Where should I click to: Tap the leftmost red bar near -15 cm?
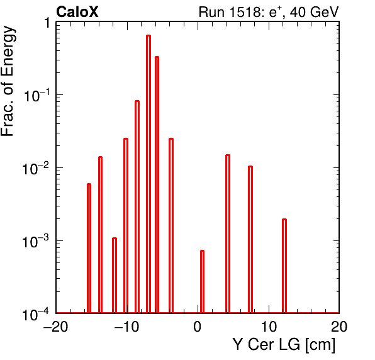coord(89,249)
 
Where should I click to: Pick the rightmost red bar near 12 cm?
coord(284,266)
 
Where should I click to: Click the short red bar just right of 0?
coord(202,281)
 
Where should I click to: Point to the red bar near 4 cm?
coord(228,233)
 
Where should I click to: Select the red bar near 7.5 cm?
coord(250,239)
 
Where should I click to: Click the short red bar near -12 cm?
coord(115,275)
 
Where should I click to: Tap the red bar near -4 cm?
coord(171,225)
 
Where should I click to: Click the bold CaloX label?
coord(77,12)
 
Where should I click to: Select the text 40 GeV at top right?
coord(314,12)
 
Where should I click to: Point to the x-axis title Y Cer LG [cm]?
coord(284,345)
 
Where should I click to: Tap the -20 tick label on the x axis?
coord(56,327)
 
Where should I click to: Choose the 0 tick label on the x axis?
coord(198,327)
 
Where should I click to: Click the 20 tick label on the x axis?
coord(339,327)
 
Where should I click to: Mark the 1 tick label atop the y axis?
coord(47,23)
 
